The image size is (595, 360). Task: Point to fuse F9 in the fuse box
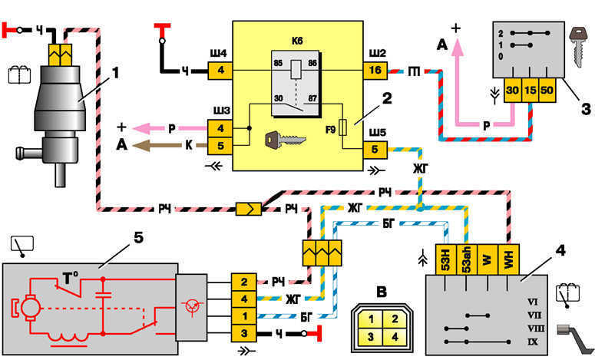(x=349, y=124)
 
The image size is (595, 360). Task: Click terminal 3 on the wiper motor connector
(x=243, y=332)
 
